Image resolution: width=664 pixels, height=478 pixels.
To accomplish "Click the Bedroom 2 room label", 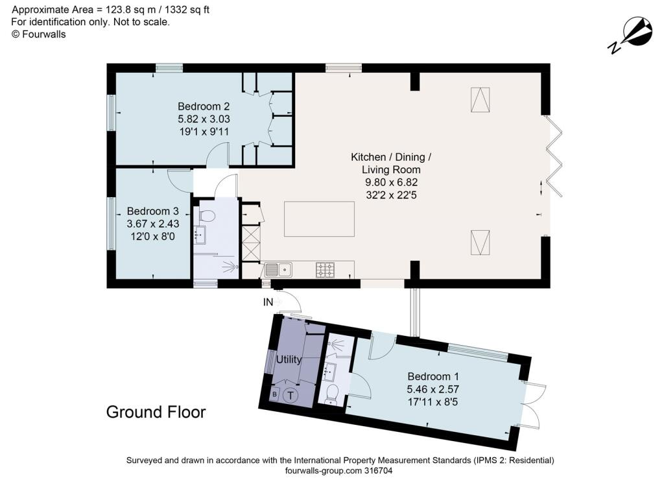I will pyautogui.click(x=204, y=106).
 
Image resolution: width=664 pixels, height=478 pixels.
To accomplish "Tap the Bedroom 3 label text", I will pyautogui.click(x=152, y=211).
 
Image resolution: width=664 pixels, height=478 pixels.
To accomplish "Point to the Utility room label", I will pyautogui.click(x=289, y=359).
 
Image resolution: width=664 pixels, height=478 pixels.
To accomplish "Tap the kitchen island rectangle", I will pyautogui.click(x=320, y=219).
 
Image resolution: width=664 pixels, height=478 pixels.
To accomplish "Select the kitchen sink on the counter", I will pyautogui.click(x=279, y=269).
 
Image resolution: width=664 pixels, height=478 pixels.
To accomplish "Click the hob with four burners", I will pyautogui.click(x=325, y=269).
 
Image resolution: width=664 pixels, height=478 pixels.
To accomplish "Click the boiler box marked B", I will pyautogui.click(x=274, y=394).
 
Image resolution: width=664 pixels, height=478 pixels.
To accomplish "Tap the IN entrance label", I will pyautogui.click(x=268, y=302).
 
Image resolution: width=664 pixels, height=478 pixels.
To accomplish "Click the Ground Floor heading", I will pyautogui.click(x=156, y=412).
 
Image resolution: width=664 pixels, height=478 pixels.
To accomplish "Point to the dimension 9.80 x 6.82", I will pyautogui.click(x=390, y=184).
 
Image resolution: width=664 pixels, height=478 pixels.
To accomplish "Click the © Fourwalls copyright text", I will pyautogui.click(x=39, y=34).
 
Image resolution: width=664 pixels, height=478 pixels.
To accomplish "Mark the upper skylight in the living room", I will pyautogui.click(x=480, y=101).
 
